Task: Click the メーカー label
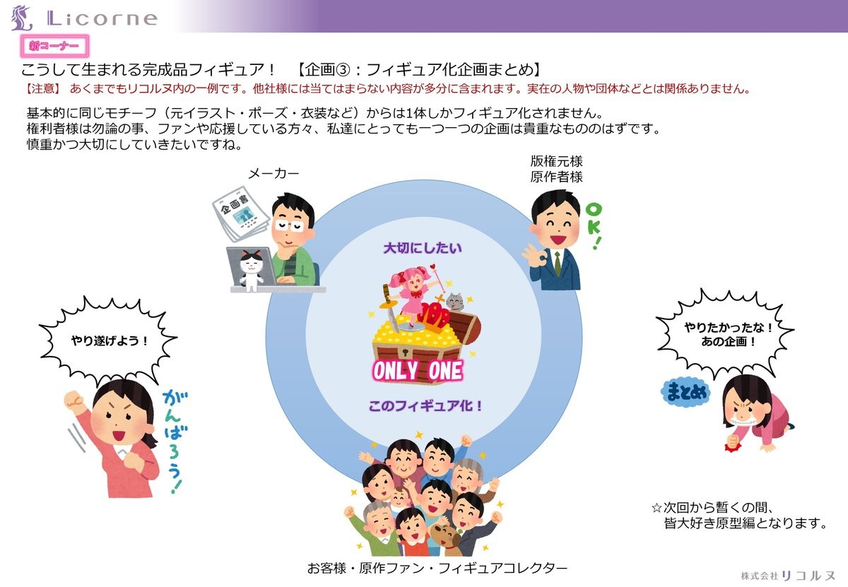coord(273,174)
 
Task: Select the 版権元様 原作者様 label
coord(556,169)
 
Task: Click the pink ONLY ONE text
coord(418,370)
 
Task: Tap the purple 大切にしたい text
coord(422,248)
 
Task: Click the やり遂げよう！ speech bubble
coord(110,340)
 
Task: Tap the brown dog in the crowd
coord(447,538)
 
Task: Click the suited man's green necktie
coord(558,262)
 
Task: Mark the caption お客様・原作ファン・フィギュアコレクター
coord(437,568)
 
